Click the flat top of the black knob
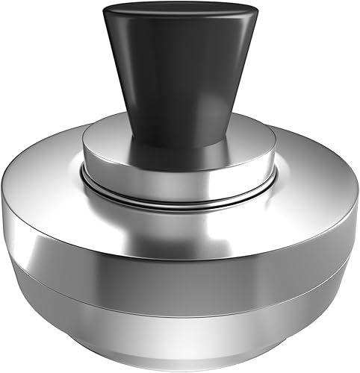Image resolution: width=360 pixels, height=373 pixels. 177,13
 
